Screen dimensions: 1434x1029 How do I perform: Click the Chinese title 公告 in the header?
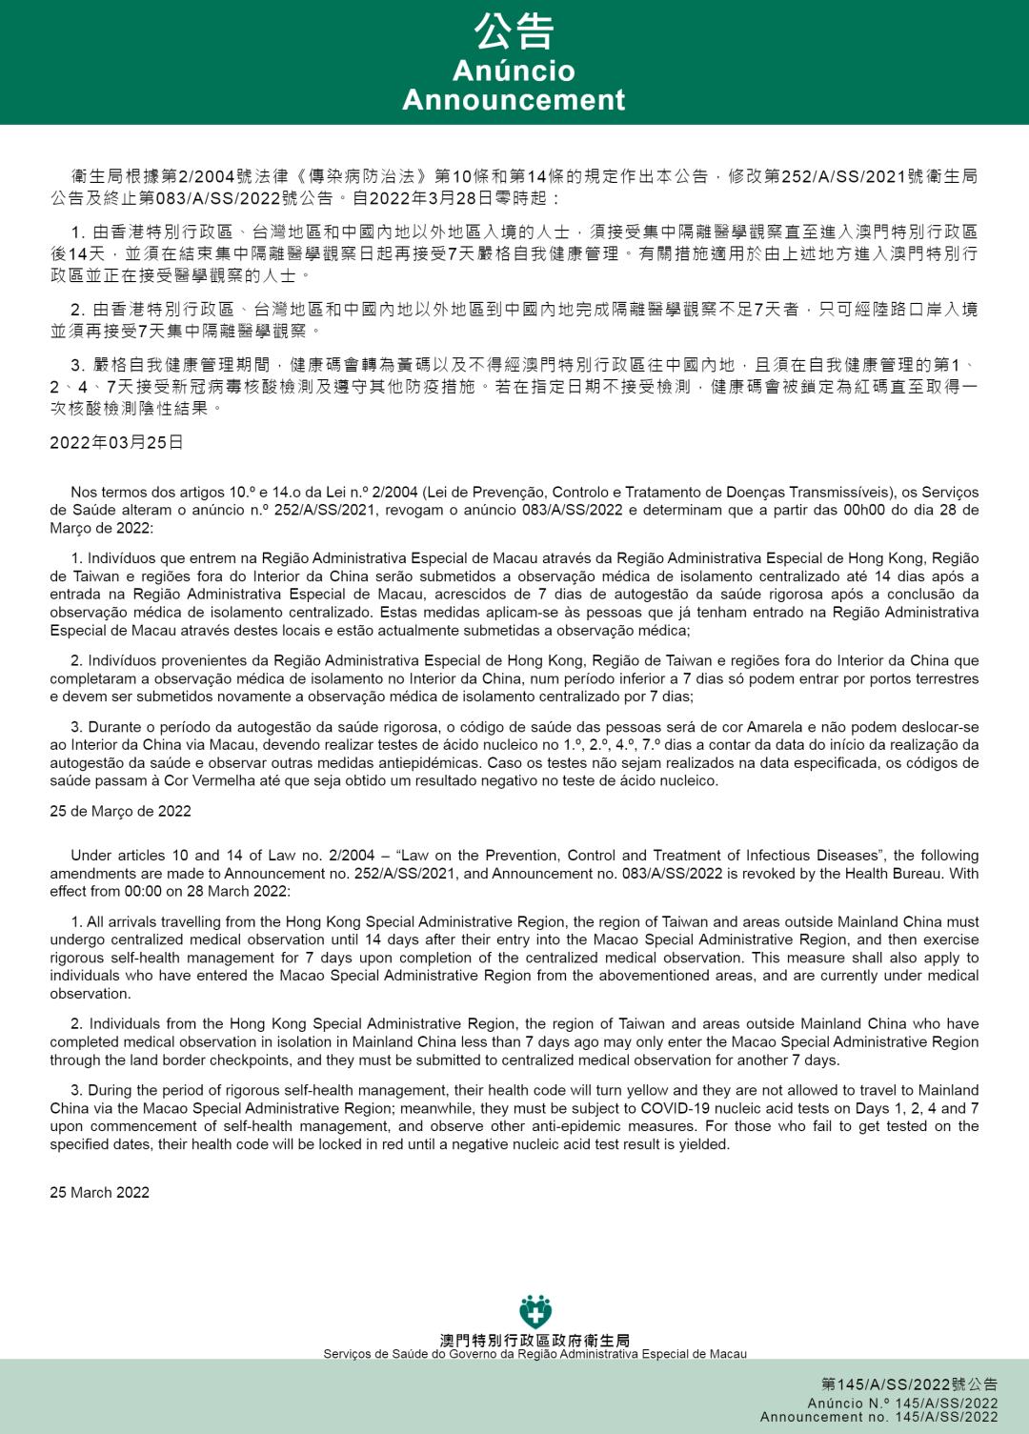pos(514,30)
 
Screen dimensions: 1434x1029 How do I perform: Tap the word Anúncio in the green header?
pos(514,71)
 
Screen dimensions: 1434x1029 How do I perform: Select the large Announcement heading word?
pos(514,100)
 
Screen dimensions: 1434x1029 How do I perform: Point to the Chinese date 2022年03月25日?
pos(116,442)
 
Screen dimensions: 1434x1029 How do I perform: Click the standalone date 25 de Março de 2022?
pos(120,811)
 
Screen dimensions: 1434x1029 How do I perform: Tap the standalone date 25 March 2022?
pos(99,1192)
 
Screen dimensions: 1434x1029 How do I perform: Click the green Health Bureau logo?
pos(535,1313)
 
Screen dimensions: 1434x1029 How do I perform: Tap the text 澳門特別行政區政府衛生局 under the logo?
pos(535,1341)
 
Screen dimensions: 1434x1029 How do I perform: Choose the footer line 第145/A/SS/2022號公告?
pos(909,1384)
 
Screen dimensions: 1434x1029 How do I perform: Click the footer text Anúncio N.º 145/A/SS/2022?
pos(902,1404)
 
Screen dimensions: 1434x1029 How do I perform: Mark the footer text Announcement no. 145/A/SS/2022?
pos(878,1417)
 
